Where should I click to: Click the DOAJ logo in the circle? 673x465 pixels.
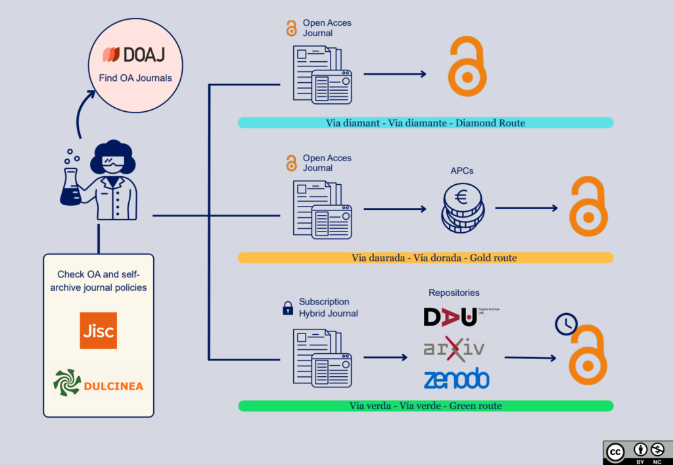[x=135, y=55]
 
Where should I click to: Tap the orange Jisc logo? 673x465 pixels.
[x=98, y=331]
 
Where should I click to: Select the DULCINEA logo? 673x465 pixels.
[x=99, y=383]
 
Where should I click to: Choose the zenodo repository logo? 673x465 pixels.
[x=457, y=378]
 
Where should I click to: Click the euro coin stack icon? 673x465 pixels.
[x=463, y=208]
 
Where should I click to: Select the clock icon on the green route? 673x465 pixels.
[x=565, y=324]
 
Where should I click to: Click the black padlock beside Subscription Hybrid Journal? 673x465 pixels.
[x=287, y=307]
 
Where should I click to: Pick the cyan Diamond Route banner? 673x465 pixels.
[x=425, y=123]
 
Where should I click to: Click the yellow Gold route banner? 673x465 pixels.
[x=425, y=258]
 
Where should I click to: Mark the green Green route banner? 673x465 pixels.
[x=425, y=406]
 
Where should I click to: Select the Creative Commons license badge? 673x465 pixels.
[x=637, y=453]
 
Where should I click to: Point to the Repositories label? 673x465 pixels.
[x=454, y=293]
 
